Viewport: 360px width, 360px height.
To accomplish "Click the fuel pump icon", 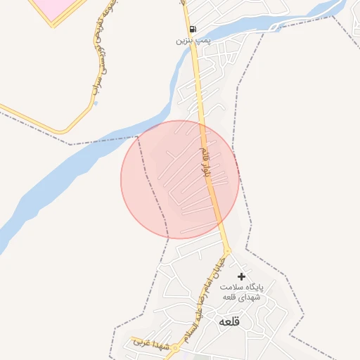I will click(192, 30).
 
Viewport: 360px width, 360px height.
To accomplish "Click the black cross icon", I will click(243, 276).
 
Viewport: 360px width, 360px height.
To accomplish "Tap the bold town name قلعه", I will click(230, 321).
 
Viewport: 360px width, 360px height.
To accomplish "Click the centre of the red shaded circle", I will click(179, 179).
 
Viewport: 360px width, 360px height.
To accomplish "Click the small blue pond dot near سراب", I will click(96, 103).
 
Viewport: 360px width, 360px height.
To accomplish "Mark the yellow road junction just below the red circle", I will click(227, 250).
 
